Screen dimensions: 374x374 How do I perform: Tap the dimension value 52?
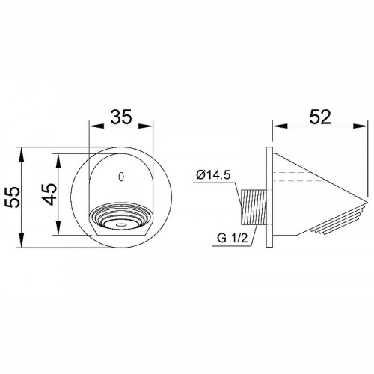tap(320, 117)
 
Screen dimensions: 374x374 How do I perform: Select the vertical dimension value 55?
tap(13, 197)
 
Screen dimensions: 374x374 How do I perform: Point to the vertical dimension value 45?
tap(49, 194)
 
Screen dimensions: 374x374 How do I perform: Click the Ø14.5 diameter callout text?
tap(213, 175)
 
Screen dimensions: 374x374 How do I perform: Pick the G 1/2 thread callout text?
tap(232, 239)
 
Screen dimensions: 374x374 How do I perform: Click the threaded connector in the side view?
tap(254, 207)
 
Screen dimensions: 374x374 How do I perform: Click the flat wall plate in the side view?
tap(269, 197)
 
